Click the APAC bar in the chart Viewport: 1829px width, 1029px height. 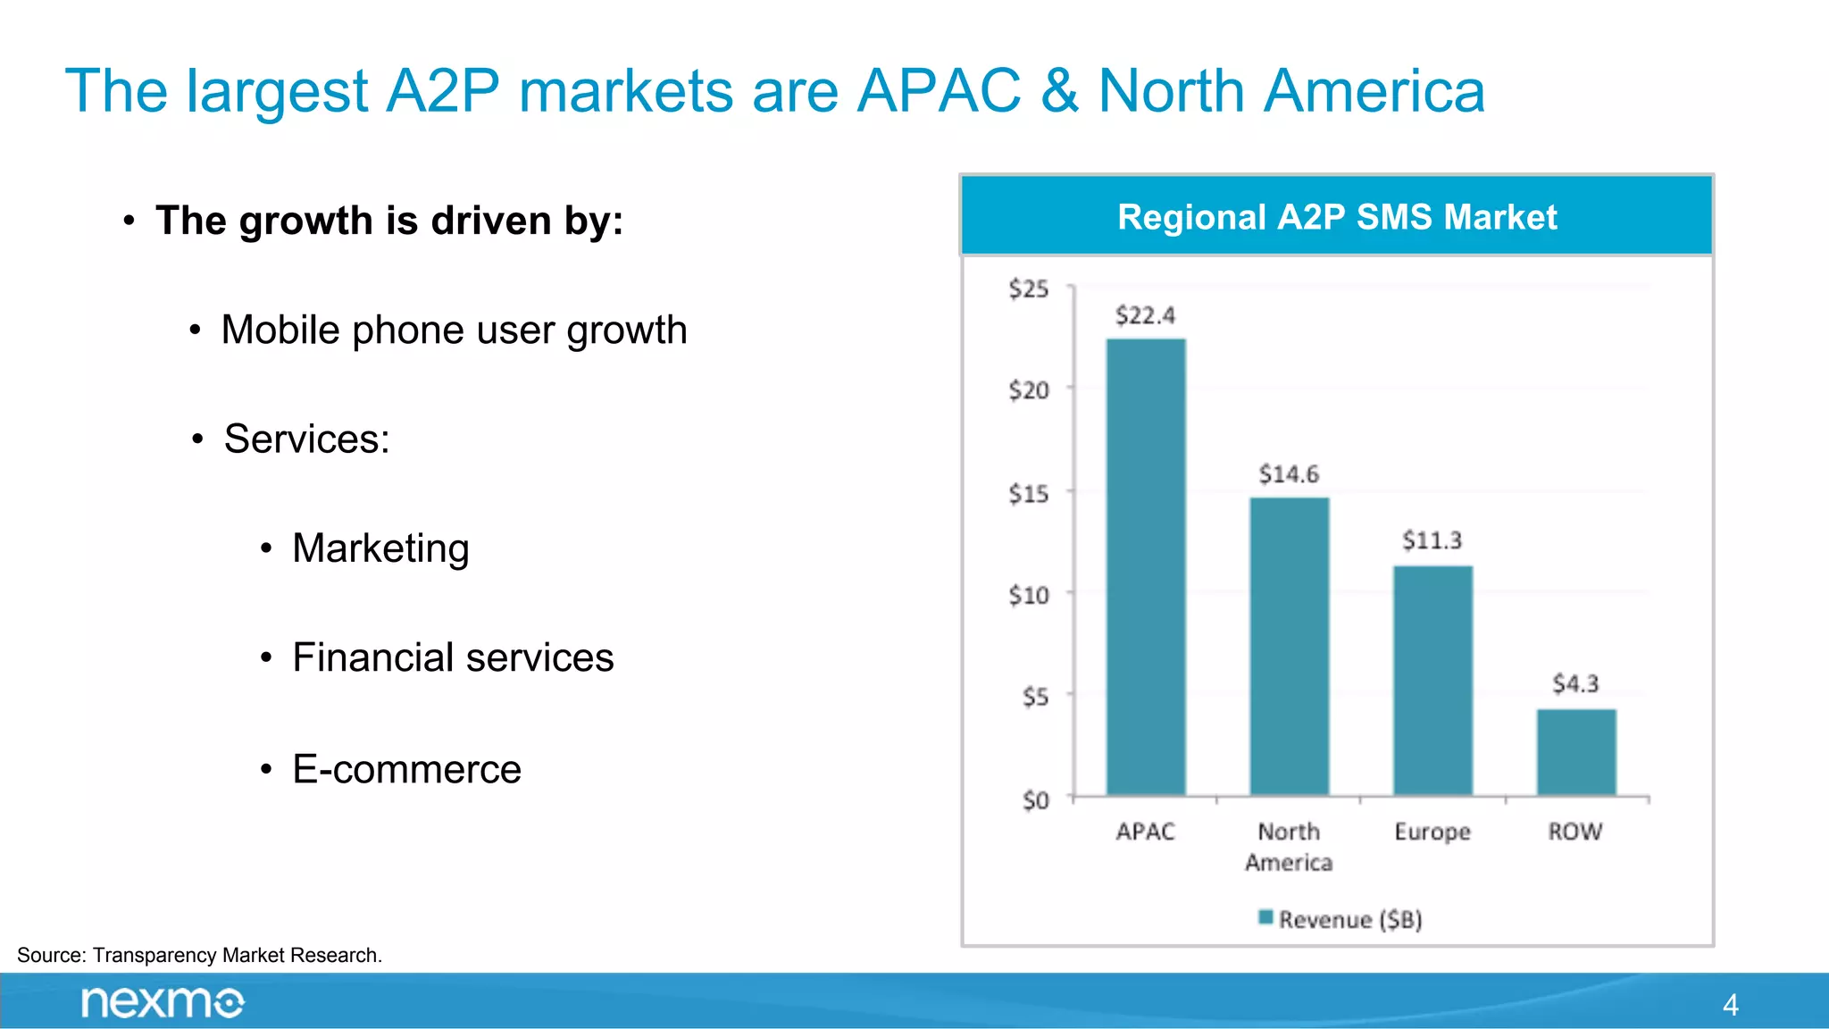[x=1146, y=567]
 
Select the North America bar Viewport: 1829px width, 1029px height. [x=1290, y=646]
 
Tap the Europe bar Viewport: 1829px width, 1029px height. [x=1432, y=680]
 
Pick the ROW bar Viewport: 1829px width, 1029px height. [x=1576, y=752]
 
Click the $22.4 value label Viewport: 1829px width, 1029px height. [x=1145, y=315]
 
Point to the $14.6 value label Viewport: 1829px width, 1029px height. [x=1289, y=474]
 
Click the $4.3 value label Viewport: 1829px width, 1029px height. [x=1575, y=684]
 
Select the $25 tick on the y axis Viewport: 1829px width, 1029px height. [x=1028, y=289]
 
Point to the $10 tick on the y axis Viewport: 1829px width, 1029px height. [x=1028, y=595]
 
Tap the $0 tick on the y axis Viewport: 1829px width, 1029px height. [x=1035, y=800]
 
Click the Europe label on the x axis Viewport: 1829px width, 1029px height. [x=1432, y=832]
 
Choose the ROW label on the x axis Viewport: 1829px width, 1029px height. [x=1575, y=832]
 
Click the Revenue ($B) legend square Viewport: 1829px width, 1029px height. [x=1265, y=917]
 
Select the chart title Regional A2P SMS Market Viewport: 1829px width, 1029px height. [x=1337, y=217]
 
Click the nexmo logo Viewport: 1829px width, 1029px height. [x=163, y=1002]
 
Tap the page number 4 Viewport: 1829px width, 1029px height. [x=1730, y=1005]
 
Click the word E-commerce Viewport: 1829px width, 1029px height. [x=406, y=769]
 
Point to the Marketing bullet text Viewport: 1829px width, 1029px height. [x=380, y=548]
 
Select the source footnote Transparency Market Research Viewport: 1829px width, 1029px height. [x=199, y=955]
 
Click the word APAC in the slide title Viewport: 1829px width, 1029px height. [x=938, y=91]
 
